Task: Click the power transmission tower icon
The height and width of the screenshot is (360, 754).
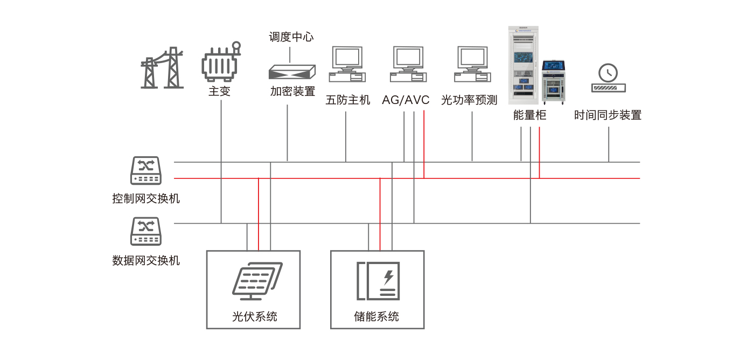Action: pyautogui.click(x=162, y=68)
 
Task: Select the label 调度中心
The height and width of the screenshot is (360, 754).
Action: pyautogui.click(x=291, y=37)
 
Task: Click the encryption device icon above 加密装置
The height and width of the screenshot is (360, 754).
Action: pyautogui.click(x=292, y=72)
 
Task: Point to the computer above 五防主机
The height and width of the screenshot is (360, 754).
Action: pyautogui.click(x=347, y=64)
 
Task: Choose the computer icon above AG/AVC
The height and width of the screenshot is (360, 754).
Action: pyautogui.click(x=408, y=64)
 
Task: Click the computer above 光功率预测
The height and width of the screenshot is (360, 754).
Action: pyautogui.click(x=472, y=64)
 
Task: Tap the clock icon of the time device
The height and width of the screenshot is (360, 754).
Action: pyautogui.click(x=608, y=73)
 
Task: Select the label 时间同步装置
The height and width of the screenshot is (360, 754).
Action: pyautogui.click(x=608, y=115)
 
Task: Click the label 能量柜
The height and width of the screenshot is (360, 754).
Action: pyautogui.click(x=529, y=115)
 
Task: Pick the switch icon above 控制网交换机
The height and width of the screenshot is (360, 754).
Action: pyautogui.click(x=146, y=170)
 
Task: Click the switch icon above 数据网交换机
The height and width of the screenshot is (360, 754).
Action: pyautogui.click(x=146, y=231)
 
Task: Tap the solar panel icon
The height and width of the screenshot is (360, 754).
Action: pyautogui.click(x=257, y=281)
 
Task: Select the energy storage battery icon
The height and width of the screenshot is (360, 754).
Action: pyautogui.click(x=378, y=281)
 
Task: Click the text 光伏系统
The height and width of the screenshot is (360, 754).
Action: pyautogui.click(x=254, y=316)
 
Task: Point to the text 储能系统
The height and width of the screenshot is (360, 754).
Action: pyautogui.click(x=376, y=316)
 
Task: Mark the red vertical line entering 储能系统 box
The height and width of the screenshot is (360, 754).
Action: pyautogui.click(x=380, y=214)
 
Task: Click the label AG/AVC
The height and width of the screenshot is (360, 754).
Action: pyautogui.click(x=406, y=100)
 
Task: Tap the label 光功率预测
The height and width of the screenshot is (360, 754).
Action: pyautogui.click(x=469, y=100)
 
